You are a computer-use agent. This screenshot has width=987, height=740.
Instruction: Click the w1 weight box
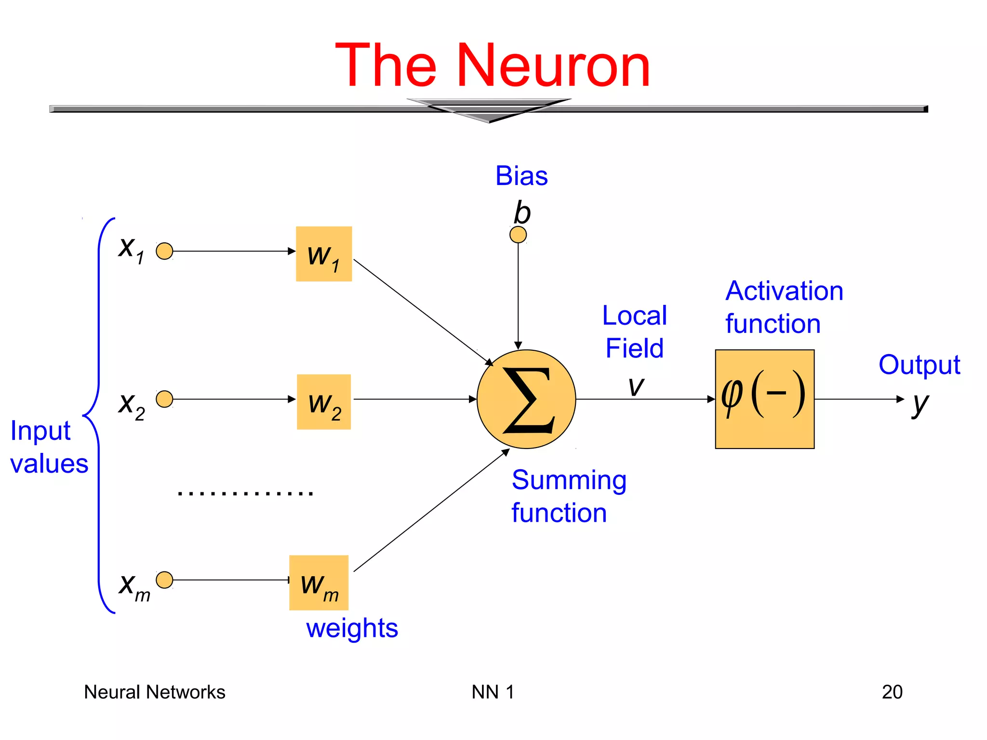(324, 254)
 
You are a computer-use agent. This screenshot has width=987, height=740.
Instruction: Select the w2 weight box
(324, 402)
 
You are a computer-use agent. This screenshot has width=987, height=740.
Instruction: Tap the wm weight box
(319, 583)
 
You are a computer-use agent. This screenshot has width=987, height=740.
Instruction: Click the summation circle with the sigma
(526, 399)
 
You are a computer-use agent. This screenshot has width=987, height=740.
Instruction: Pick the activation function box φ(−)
(765, 399)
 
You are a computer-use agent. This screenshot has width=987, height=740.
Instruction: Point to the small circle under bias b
(518, 235)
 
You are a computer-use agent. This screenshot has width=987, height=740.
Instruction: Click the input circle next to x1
(165, 251)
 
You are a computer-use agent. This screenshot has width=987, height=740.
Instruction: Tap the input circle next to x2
(165, 399)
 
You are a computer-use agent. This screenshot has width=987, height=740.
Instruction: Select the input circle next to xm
(165, 580)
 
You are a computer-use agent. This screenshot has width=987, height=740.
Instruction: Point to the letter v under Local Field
(636, 386)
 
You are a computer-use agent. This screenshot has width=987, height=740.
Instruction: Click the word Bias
(521, 176)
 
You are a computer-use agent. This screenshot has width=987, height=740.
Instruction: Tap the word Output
(919, 365)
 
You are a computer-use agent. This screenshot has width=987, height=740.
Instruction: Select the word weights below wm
(352, 628)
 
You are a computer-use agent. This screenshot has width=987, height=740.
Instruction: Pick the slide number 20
(892, 692)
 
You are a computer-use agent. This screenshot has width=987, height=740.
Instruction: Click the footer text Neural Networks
(155, 692)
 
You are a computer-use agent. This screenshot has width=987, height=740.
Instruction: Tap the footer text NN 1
(493, 692)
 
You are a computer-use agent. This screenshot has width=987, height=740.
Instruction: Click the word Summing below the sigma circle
(569, 480)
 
